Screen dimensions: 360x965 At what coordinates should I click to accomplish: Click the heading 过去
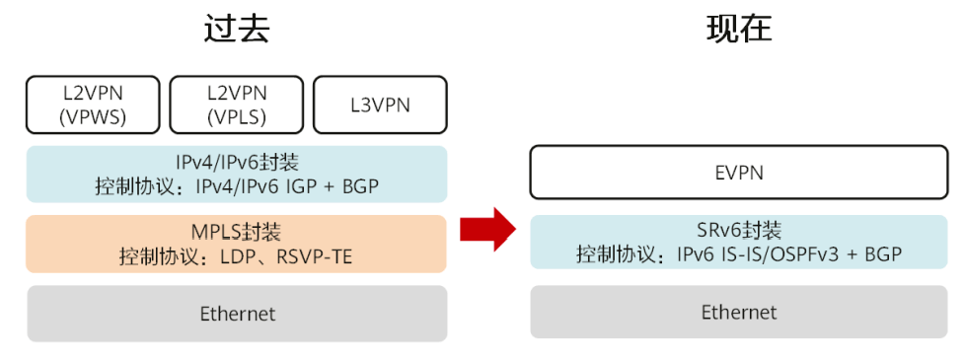236,30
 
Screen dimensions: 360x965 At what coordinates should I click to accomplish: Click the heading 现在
739,30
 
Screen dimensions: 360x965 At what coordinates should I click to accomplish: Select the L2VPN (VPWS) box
93,105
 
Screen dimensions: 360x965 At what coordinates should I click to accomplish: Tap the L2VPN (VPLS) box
236,105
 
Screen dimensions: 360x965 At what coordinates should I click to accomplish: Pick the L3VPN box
380,105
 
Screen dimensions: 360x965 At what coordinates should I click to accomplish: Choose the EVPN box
739,173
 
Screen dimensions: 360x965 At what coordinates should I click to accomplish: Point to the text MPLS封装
236,233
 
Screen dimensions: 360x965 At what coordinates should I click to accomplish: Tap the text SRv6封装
739,231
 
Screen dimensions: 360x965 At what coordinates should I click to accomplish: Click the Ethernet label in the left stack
237,315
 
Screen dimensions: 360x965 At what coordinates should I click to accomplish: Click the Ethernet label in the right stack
739,313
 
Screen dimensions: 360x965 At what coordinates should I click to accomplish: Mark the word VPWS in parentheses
93,117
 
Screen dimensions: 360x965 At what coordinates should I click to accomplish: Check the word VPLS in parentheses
236,117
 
